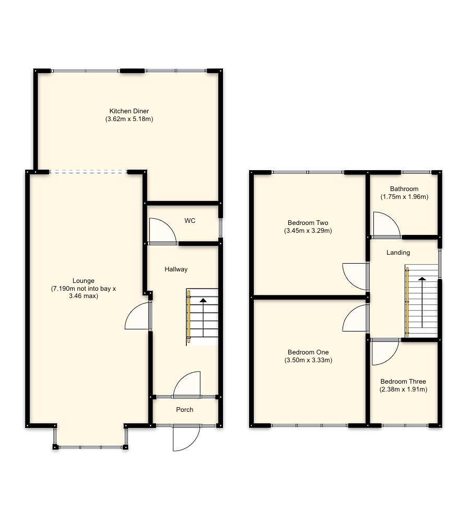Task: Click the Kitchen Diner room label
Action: (129, 111)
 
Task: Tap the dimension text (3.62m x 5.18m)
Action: (129, 119)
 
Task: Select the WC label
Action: (190, 221)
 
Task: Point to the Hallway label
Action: (176, 269)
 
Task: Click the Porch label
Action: (184, 410)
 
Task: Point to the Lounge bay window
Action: (90, 447)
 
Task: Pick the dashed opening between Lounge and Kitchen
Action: (88, 172)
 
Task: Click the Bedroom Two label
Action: (308, 223)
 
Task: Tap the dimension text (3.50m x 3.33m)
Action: (308, 360)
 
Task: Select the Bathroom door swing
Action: (385, 226)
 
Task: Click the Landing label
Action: (398, 253)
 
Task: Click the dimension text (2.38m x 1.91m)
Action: (403, 389)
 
